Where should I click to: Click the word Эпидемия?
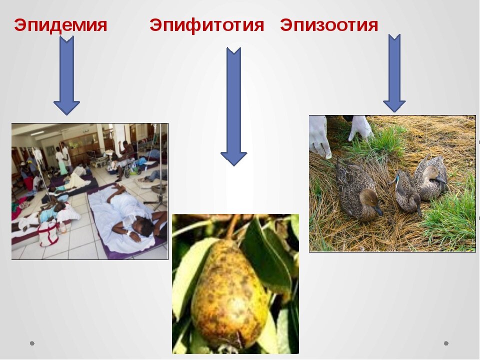coord(60,25)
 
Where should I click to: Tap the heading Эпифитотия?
coord(206,25)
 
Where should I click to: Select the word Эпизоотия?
coord(329,25)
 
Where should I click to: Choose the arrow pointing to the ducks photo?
coord(394,72)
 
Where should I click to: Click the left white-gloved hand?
coord(318,135)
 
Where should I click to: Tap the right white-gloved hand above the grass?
coord(361,127)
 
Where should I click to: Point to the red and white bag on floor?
coord(48,232)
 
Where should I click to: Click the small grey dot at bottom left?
coord(32,343)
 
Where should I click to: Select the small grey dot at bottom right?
coord(446,343)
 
